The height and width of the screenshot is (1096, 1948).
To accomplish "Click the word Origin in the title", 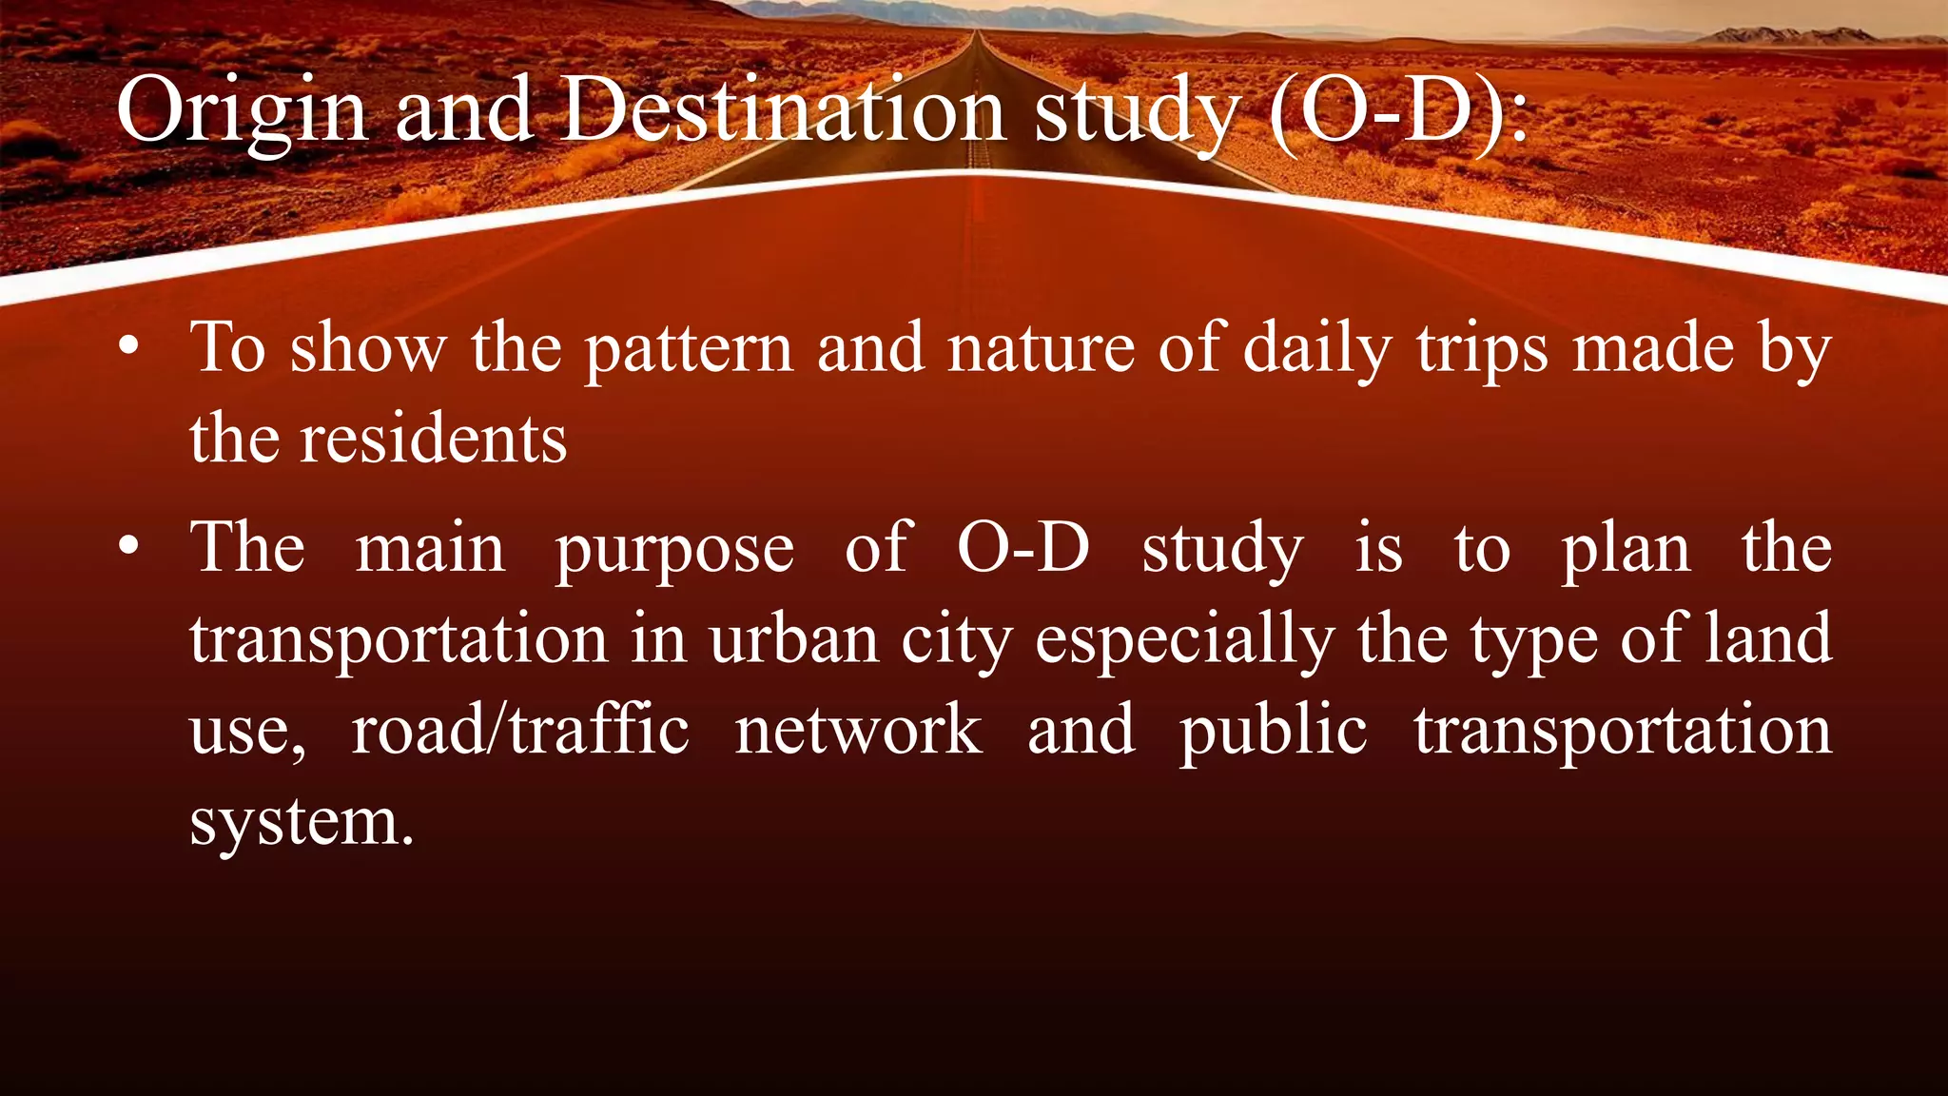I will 242,112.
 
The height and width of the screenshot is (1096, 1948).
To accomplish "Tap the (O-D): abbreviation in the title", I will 1399,112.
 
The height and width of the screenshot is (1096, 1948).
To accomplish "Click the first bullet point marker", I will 129,346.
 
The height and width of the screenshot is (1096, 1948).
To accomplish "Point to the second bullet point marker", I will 129,547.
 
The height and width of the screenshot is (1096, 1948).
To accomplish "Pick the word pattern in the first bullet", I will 689,350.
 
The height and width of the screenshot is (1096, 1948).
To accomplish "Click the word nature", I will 1041,348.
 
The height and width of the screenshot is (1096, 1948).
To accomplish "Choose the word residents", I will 433,440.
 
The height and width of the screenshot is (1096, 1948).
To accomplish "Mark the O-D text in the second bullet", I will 1023,548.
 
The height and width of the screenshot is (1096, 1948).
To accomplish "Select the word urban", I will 793,639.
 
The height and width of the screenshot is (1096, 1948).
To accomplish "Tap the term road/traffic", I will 519,730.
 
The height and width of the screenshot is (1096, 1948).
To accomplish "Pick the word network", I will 858,730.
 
